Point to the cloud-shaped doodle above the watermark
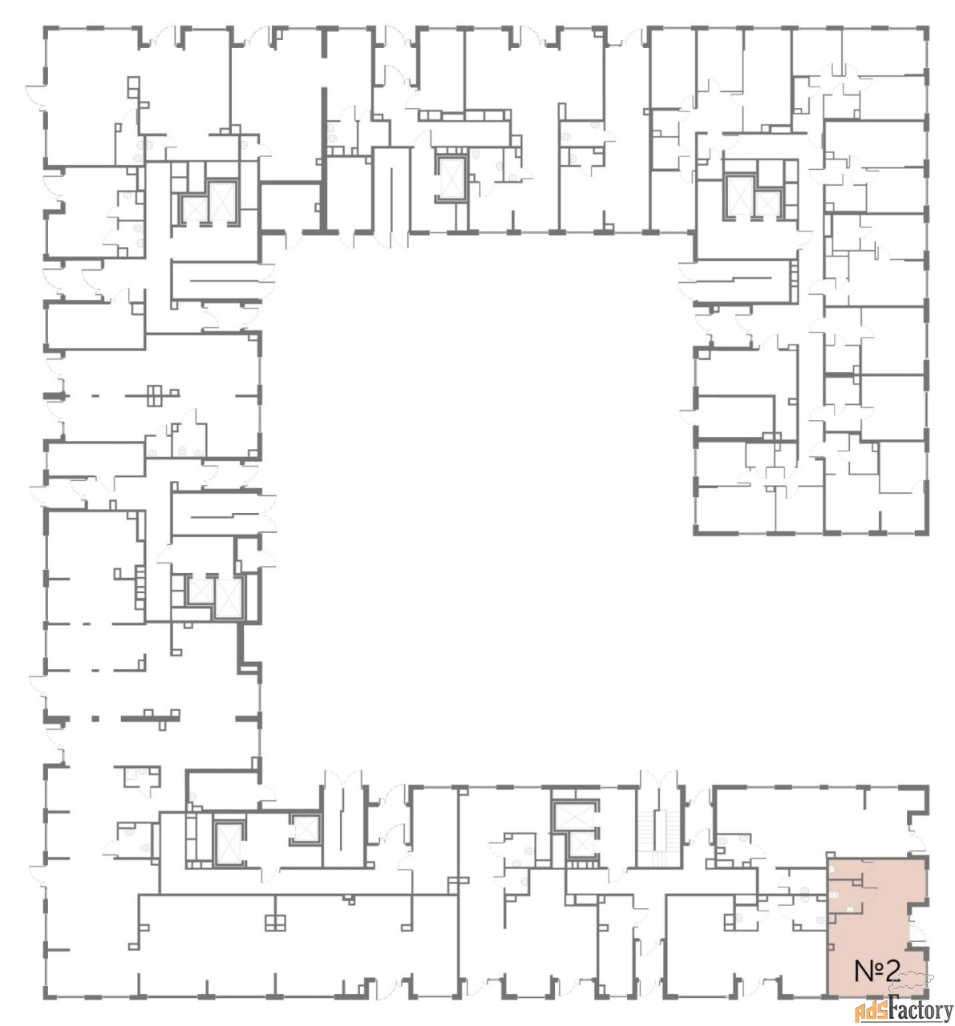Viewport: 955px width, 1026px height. click(918, 977)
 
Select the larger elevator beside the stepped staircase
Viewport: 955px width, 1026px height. click(574, 816)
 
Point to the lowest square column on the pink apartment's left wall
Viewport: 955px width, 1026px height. click(831, 946)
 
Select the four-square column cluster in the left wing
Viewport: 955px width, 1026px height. click(155, 396)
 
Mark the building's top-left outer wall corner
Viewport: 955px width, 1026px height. click(44, 27)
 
